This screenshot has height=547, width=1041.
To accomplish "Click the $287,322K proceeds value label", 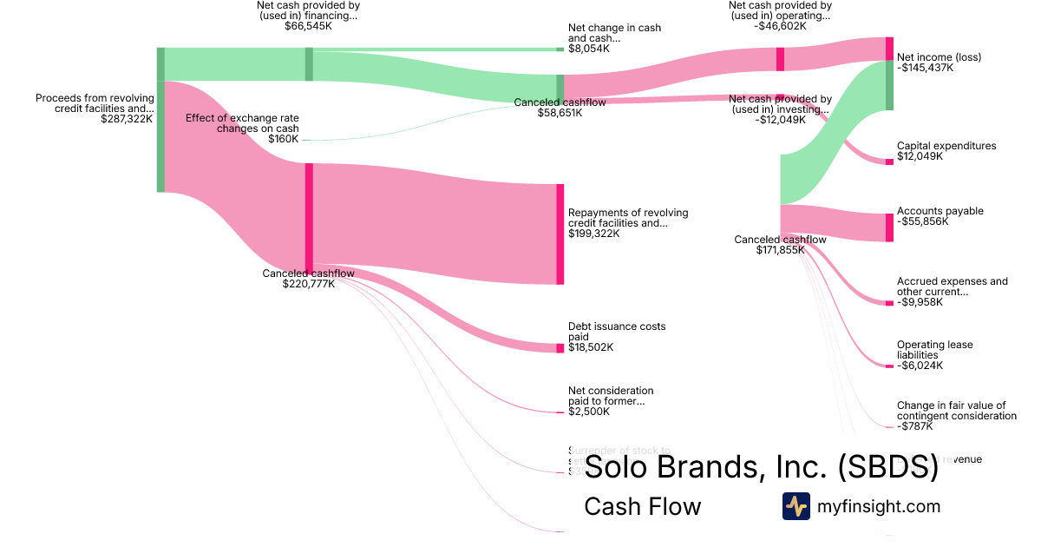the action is tap(127, 119).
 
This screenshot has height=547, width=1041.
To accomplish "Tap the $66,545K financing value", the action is tap(308, 26).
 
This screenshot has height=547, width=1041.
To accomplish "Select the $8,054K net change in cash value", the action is tap(588, 49).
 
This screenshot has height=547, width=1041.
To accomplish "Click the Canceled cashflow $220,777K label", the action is tap(308, 279).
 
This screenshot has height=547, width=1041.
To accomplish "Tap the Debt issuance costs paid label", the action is tap(617, 332).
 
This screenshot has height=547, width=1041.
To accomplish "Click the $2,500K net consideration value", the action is tap(588, 412).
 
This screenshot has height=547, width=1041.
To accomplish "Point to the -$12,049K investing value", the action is tap(780, 120).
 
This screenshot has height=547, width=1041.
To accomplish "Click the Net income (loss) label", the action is tap(939, 57).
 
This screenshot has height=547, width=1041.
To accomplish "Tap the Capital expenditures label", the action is tap(946, 146).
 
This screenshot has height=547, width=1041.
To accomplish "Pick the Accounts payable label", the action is tap(940, 211).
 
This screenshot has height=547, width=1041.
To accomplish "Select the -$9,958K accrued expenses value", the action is tap(920, 302).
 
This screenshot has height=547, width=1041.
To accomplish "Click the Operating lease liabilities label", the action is tap(934, 350).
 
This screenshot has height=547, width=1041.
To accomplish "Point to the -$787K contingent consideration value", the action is tap(914, 426).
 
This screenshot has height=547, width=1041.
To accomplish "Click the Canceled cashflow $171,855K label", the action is tap(780, 245).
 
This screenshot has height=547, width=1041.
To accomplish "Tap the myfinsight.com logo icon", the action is tap(795, 506).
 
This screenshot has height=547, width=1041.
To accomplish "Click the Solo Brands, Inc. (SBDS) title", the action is tap(761, 467).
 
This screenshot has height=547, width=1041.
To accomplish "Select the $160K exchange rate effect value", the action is tap(283, 139).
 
